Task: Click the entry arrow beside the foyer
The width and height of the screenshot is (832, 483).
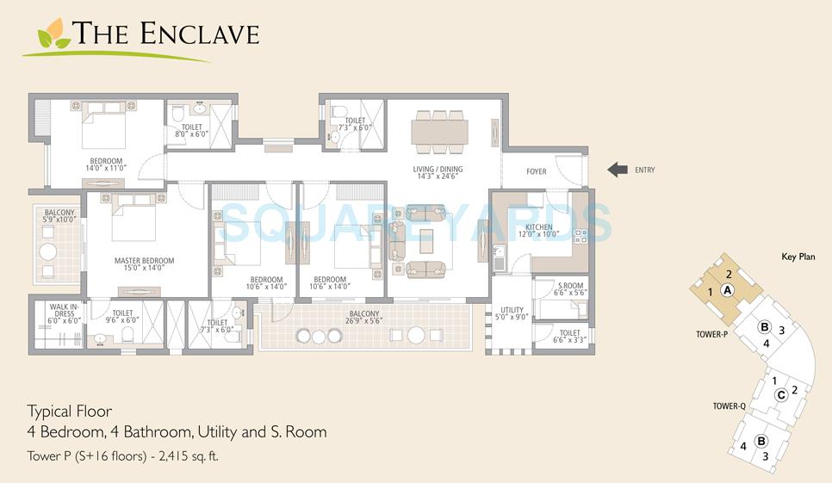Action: click(617, 170)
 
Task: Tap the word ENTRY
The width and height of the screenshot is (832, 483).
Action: click(644, 170)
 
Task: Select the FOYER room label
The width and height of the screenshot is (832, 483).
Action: click(536, 171)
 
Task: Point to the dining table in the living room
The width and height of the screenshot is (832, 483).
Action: click(439, 131)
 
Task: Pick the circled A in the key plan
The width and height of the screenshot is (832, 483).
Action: click(727, 291)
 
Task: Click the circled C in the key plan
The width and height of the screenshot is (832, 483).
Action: click(780, 395)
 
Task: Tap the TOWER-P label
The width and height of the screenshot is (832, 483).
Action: click(713, 333)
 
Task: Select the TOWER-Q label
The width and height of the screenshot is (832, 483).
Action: click(728, 406)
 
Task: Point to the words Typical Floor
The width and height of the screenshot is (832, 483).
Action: click(69, 411)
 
